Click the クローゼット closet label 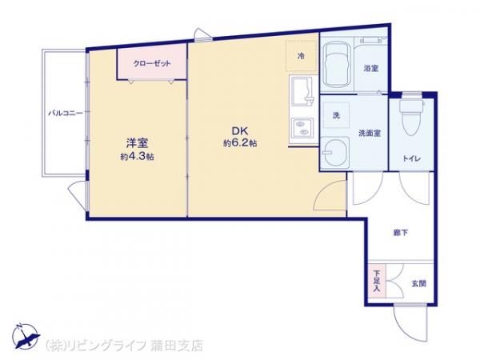click(x=152, y=64)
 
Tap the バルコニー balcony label click(x=66, y=114)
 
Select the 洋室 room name click(x=137, y=143)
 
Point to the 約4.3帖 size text click(x=137, y=157)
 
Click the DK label click(x=240, y=131)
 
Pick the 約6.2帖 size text click(x=240, y=143)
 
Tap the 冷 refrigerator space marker click(x=302, y=56)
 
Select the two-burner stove click(x=302, y=128)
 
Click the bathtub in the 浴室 click(x=338, y=65)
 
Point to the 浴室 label click(x=371, y=68)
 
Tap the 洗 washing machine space click(x=337, y=115)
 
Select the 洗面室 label click(x=370, y=133)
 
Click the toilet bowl click(x=412, y=118)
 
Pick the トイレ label click(x=411, y=159)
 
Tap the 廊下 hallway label click(x=401, y=233)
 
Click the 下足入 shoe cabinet click(x=377, y=280)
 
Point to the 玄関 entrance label click(x=418, y=283)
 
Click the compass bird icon click(x=26, y=337)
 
